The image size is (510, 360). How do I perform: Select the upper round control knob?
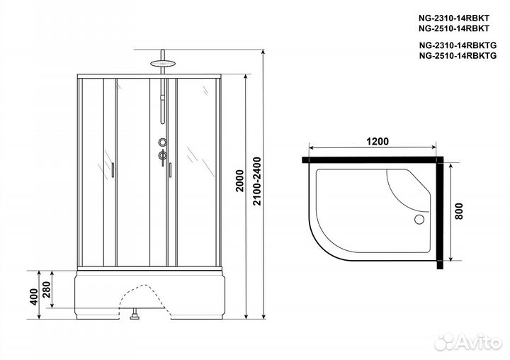click(162, 142)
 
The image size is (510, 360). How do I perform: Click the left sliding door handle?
click(111, 169)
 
